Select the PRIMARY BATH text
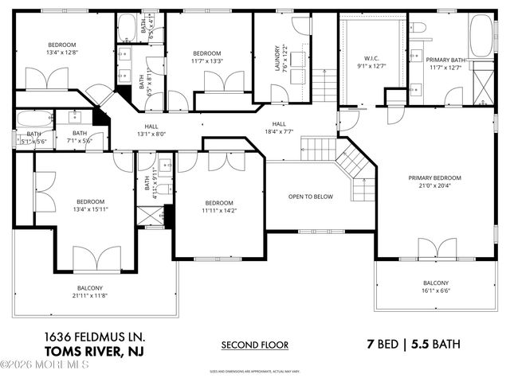click(x=445, y=60)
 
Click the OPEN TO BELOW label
click(x=310, y=197)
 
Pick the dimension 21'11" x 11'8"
click(x=89, y=296)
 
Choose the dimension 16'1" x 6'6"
click(x=435, y=291)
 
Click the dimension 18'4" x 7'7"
click(x=279, y=133)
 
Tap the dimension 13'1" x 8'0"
click(x=151, y=134)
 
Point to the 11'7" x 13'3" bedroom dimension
click(x=206, y=60)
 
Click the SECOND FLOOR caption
click(x=254, y=345)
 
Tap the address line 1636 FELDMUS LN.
click(x=90, y=337)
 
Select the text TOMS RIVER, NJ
click(x=90, y=351)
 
